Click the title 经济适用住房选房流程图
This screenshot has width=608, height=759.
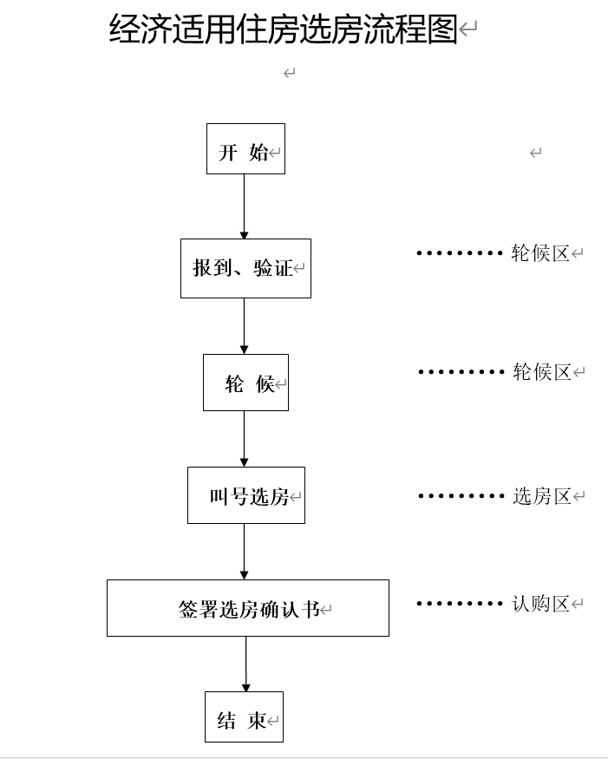(x=283, y=29)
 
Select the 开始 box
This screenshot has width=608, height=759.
(x=245, y=149)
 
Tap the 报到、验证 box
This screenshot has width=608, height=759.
(x=245, y=269)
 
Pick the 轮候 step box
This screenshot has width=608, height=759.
(x=245, y=383)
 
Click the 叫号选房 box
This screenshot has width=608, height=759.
(x=246, y=495)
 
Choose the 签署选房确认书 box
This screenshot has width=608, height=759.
(x=248, y=608)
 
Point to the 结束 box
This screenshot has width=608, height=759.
(x=244, y=716)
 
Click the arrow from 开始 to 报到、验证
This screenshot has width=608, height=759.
(x=244, y=206)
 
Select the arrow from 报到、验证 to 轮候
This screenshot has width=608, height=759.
(x=244, y=326)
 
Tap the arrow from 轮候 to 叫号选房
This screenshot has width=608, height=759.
(x=244, y=439)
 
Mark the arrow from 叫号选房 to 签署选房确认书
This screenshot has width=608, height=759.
(x=244, y=552)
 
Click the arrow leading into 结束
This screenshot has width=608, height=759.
(x=245, y=664)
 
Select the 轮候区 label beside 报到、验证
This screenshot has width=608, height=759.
(x=539, y=253)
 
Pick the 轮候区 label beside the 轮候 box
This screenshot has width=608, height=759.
(x=541, y=372)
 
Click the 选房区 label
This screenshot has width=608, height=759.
(x=541, y=496)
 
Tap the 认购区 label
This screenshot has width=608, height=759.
(x=540, y=604)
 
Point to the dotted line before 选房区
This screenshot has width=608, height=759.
(x=461, y=496)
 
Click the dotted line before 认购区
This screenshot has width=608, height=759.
(x=459, y=604)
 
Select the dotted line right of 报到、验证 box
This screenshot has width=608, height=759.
(x=459, y=253)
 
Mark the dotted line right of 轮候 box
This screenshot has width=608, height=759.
(x=461, y=372)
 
